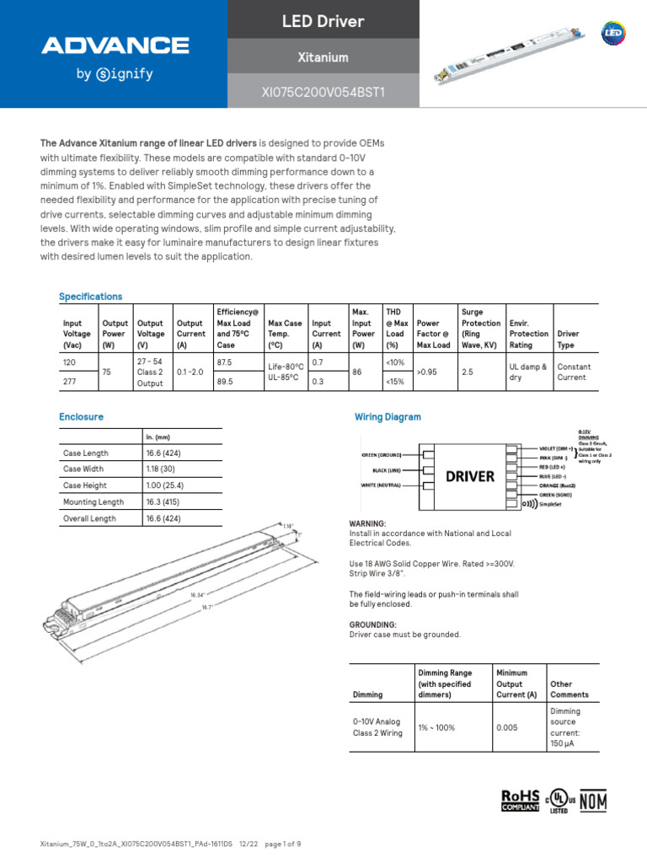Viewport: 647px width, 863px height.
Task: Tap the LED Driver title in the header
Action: pos(323,21)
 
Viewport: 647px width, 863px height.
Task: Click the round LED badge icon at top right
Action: pos(612,33)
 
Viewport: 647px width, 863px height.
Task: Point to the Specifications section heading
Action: pos(90,297)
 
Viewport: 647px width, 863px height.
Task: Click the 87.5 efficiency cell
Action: pos(224,362)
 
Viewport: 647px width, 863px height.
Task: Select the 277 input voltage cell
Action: pos(70,381)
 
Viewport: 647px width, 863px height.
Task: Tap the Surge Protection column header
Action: pos(480,329)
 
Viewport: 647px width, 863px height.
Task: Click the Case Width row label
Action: pos(83,469)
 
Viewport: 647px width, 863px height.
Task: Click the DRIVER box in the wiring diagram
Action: pos(469,476)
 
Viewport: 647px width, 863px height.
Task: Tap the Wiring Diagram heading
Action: pos(387,417)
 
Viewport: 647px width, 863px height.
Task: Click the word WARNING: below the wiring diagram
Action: pos(367,523)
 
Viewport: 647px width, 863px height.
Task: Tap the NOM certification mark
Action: pos(591,801)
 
